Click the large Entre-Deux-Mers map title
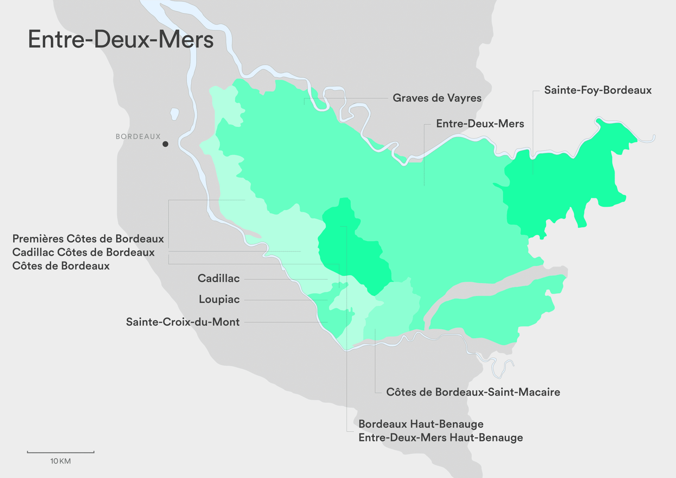pos(121,39)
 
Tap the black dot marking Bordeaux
pos(165,144)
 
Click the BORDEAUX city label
pos(138,136)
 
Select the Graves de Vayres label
pos(437,98)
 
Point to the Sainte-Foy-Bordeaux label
pos(597,90)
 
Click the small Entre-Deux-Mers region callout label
pos(480,124)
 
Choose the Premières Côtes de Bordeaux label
pos(88,239)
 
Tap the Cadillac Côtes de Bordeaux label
pos(84,252)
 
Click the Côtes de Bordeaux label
pos(61,266)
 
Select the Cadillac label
pos(219,278)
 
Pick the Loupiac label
pos(219,299)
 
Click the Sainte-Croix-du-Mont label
pos(183,322)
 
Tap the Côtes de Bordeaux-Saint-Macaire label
pos(473,392)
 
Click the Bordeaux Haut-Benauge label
pos(421,424)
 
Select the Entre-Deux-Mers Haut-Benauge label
pos(441,438)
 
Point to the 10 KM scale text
pos(60,461)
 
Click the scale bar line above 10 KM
pos(61,452)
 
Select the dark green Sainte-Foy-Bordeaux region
pos(561,185)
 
